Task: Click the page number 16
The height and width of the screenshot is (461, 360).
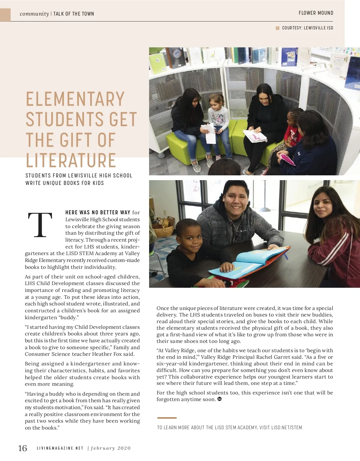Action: (22, 448)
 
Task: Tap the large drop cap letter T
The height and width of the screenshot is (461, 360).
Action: (40, 225)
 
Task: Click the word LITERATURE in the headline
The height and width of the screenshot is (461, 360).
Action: (71, 160)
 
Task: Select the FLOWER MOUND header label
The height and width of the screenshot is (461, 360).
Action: (316, 13)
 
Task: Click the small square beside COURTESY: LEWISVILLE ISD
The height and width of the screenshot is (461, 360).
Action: (277, 28)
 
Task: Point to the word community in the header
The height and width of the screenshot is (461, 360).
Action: (34, 14)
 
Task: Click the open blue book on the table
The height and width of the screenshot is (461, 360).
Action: (252, 261)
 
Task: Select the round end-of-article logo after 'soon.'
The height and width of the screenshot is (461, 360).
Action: (219, 399)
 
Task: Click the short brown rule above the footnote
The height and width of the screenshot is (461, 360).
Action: (167, 418)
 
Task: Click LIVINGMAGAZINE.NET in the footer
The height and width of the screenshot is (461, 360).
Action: (60, 448)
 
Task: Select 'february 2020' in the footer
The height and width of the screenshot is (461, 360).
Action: (111, 448)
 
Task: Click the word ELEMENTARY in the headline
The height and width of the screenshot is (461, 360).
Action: (75, 99)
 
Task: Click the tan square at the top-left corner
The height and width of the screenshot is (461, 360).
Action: (5, 15)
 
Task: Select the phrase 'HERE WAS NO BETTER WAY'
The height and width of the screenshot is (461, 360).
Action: (98, 213)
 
